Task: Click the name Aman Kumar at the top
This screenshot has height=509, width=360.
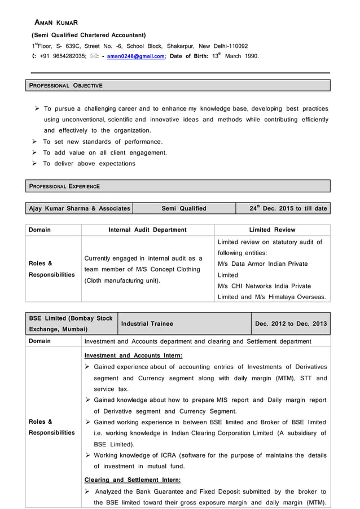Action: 56,23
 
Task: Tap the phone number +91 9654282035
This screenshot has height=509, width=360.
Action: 63,56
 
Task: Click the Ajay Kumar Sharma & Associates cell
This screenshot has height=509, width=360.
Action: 80,208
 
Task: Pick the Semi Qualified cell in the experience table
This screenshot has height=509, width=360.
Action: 184,208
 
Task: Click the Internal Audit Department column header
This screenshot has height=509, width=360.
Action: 147,230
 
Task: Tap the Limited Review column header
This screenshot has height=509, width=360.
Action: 272,230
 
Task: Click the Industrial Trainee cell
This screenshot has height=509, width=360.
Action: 147,323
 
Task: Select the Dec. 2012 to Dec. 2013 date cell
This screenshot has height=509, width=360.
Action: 291,323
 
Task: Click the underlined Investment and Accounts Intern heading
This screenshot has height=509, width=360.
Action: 133,356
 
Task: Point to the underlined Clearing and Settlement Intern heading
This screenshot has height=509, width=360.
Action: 132,480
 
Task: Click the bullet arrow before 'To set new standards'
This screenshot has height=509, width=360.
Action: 35,142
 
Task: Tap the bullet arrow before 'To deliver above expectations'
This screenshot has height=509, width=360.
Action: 35,164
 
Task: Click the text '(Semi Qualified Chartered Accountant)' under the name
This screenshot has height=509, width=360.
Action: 88,35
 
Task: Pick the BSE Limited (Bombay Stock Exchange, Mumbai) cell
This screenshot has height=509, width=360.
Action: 71,323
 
